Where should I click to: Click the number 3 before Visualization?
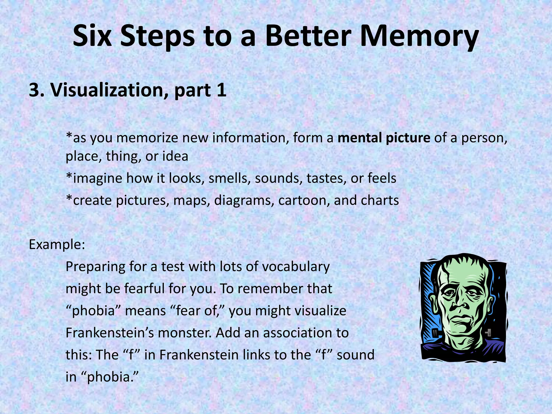tap(34, 90)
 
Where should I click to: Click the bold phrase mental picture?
tap(384, 138)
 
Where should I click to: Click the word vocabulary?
tap(296, 267)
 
